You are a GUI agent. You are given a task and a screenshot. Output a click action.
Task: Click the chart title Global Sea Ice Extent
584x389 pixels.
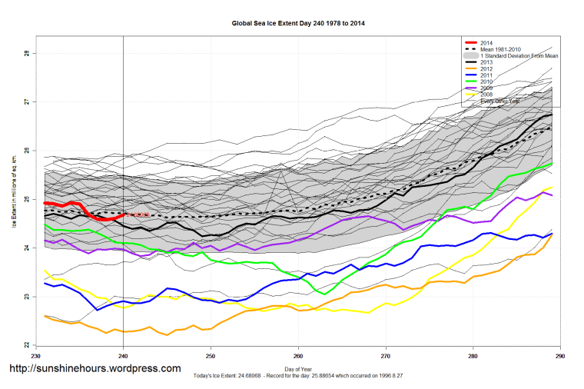point(298,23)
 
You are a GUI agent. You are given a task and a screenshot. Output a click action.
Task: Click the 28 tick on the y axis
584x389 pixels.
point(27,53)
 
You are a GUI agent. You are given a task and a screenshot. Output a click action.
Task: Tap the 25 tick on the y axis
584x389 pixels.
point(27,199)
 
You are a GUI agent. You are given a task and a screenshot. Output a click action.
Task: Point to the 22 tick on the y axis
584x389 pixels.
point(27,345)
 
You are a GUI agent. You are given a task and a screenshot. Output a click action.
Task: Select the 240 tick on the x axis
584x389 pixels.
point(123,357)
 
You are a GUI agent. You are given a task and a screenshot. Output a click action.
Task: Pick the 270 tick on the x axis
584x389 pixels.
point(386,357)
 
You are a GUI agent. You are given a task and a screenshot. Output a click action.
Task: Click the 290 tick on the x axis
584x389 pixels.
point(560,357)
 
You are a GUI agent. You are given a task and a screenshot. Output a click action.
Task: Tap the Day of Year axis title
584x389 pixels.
point(298,370)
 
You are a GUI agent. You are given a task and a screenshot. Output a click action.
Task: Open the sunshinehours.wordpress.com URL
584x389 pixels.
point(95,369)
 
